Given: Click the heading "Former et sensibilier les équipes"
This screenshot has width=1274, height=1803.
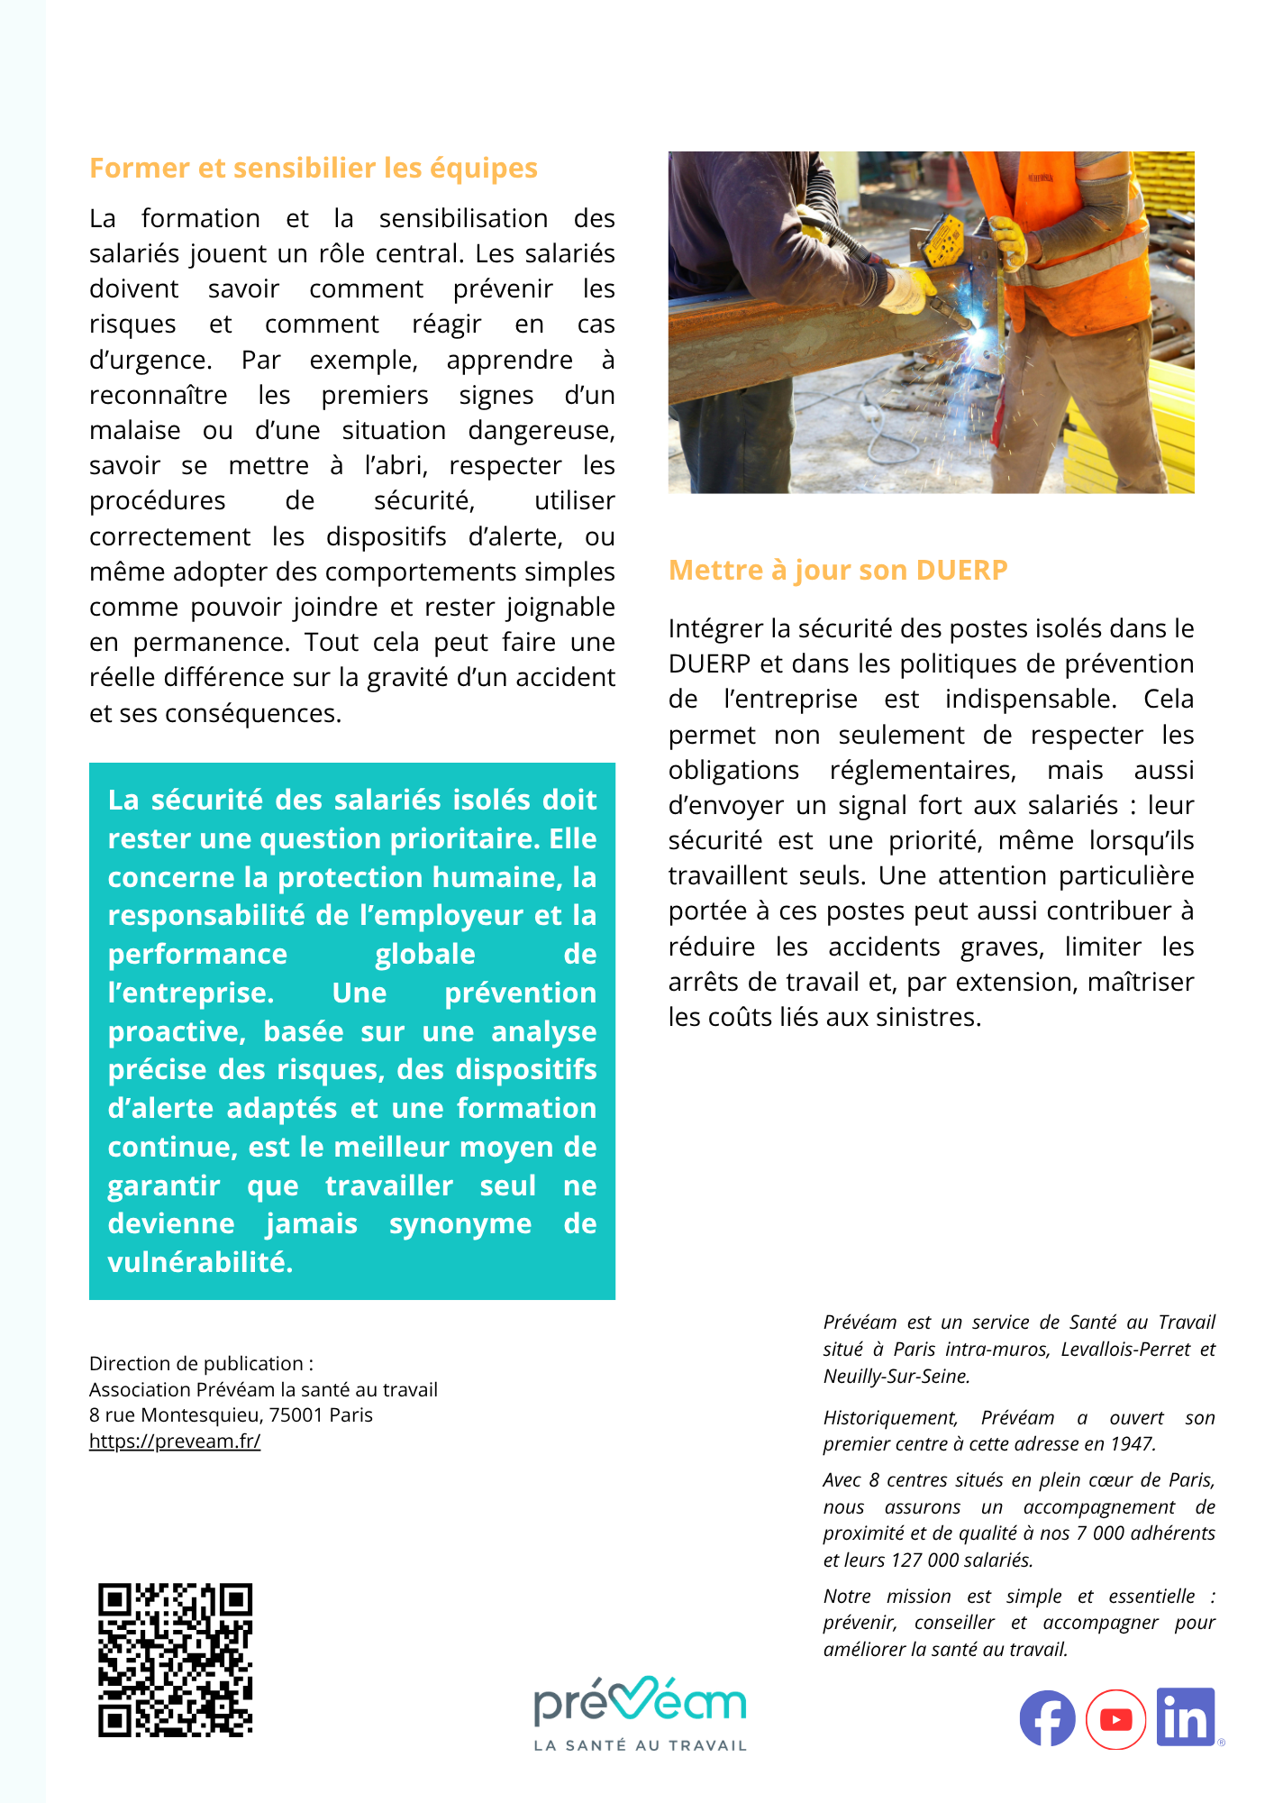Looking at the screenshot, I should [313, 169].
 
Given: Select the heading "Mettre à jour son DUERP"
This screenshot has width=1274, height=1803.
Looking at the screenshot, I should [838, 571].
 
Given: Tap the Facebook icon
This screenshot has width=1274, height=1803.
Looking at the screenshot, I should [1047, 1718].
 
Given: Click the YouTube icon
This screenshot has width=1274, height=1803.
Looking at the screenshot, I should [1115, 1720].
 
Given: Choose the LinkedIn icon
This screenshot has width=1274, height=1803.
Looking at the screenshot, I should [1186, 1717].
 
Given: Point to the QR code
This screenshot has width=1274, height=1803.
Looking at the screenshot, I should [176, 1660].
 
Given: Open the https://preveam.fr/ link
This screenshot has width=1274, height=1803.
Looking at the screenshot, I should [175, 1441].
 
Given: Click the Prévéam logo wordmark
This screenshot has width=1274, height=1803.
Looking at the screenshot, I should [640, 1702].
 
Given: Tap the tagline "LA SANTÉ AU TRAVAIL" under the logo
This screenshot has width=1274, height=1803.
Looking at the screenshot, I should [640, 1745].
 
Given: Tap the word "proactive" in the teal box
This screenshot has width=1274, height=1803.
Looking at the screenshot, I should [176, 1031].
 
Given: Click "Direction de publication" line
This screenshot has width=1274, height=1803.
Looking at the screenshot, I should [201, 1364].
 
